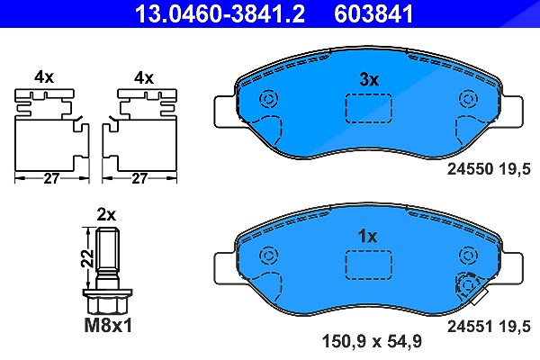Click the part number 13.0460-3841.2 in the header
pos(220,13)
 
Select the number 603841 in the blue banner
pos(373,13)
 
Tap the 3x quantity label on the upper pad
pos(369,79)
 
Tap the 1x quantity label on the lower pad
pos(368,237)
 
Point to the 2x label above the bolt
pos(106,214)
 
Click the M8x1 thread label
pos(108,325)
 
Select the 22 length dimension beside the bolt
pos(88,258)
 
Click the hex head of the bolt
pos(107,301)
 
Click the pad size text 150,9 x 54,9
pos(372,341)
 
